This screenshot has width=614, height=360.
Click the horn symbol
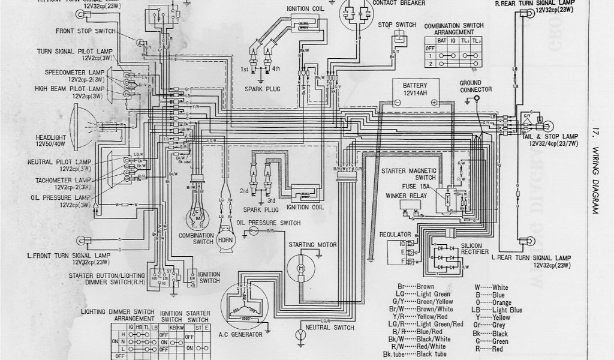pyautogui.click(x=226, y=239)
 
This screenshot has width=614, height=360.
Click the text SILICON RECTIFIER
pyautogui.click(x=477, y=250)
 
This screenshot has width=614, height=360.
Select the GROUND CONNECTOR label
pyautogui.click(x=476, y=86)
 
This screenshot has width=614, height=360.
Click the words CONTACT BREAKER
pyautogui.click(x=399, y=3)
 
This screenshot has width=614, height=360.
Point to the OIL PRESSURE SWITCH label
pyautogui.click(x=268, y=223)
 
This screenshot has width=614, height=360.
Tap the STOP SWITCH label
pyautogui.click(x=397, y=25)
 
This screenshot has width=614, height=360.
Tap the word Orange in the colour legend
pyautogui.click(x=501, y=302)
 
